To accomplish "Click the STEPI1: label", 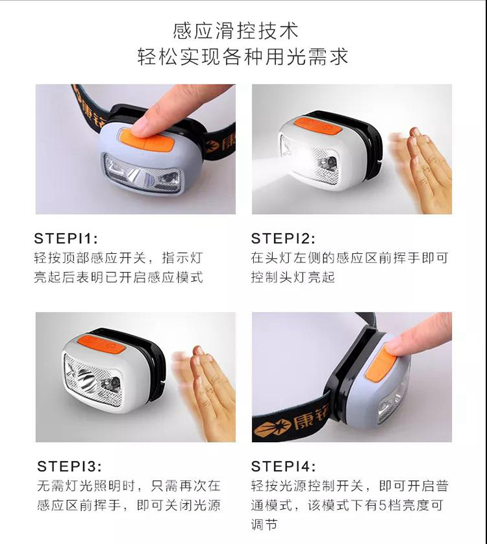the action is [x=66, y=238].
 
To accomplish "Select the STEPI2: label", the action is [x=283, y=238].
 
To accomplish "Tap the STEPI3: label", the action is [x=69, y=466].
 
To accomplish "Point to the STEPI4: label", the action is [x=283, y=466].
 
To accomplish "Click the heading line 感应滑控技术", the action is [x=236, y=31].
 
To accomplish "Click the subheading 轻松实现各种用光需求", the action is [x=243, y=57].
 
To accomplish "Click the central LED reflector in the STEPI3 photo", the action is [x=86, y=379].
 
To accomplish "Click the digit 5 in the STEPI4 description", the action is [x=382, y=505].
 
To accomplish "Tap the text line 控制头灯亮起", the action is [x=293, y=277].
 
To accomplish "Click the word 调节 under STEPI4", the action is [x=264, y=525].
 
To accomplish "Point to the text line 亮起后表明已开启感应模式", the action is [x=118, y=277].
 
